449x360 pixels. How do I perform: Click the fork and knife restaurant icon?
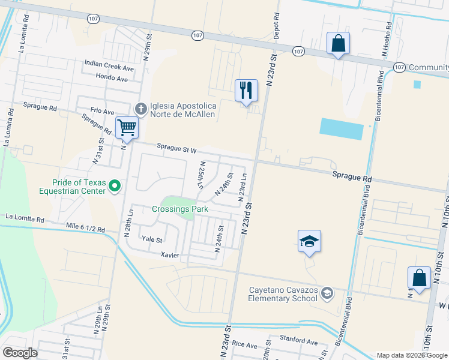pos(246,91)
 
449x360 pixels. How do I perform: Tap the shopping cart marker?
pos(127,127)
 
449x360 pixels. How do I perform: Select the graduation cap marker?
pos(309,241)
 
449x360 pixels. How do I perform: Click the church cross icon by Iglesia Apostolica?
pos(141,109)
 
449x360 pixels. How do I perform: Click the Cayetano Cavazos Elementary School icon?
pos(327,293)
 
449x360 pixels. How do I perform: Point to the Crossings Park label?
pos(179,209)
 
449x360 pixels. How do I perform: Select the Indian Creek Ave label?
pos(109,62)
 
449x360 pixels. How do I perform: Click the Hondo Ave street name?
pos(112,77)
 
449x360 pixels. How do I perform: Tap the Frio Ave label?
pos(102,112)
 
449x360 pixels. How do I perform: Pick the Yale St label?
pos(152,239)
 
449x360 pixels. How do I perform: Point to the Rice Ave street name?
pos(244,344)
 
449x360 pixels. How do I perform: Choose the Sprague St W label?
pos(177,148)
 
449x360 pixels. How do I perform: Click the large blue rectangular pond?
pos(342,129)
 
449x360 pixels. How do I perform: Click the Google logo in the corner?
pos(20,353)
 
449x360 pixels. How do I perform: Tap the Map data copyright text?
pos(411,355)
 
